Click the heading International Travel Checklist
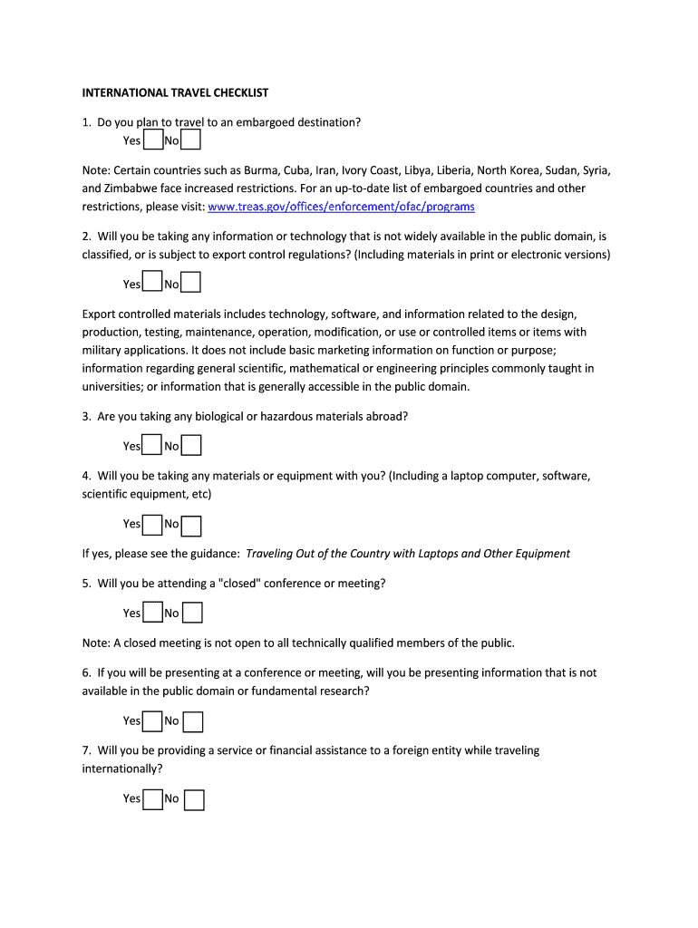pos(175,92)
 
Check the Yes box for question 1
pos(152,140)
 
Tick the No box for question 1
pos(190,140)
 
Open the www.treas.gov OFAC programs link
pos(341,207)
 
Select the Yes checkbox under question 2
pos(152,283)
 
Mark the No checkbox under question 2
pos(190,284)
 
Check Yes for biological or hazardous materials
pos(152,445)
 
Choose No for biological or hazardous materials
pos(191,445)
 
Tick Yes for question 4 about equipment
pos(152,523)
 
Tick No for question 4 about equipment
pos(191,525)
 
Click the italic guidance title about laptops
pos(408,554)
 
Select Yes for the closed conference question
pos(152,613)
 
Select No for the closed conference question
pos(192,614)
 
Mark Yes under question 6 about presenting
pos(152,720)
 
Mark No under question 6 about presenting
pos(193,721)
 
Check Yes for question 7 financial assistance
pos(152,797)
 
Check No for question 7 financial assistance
pos(194,799)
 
